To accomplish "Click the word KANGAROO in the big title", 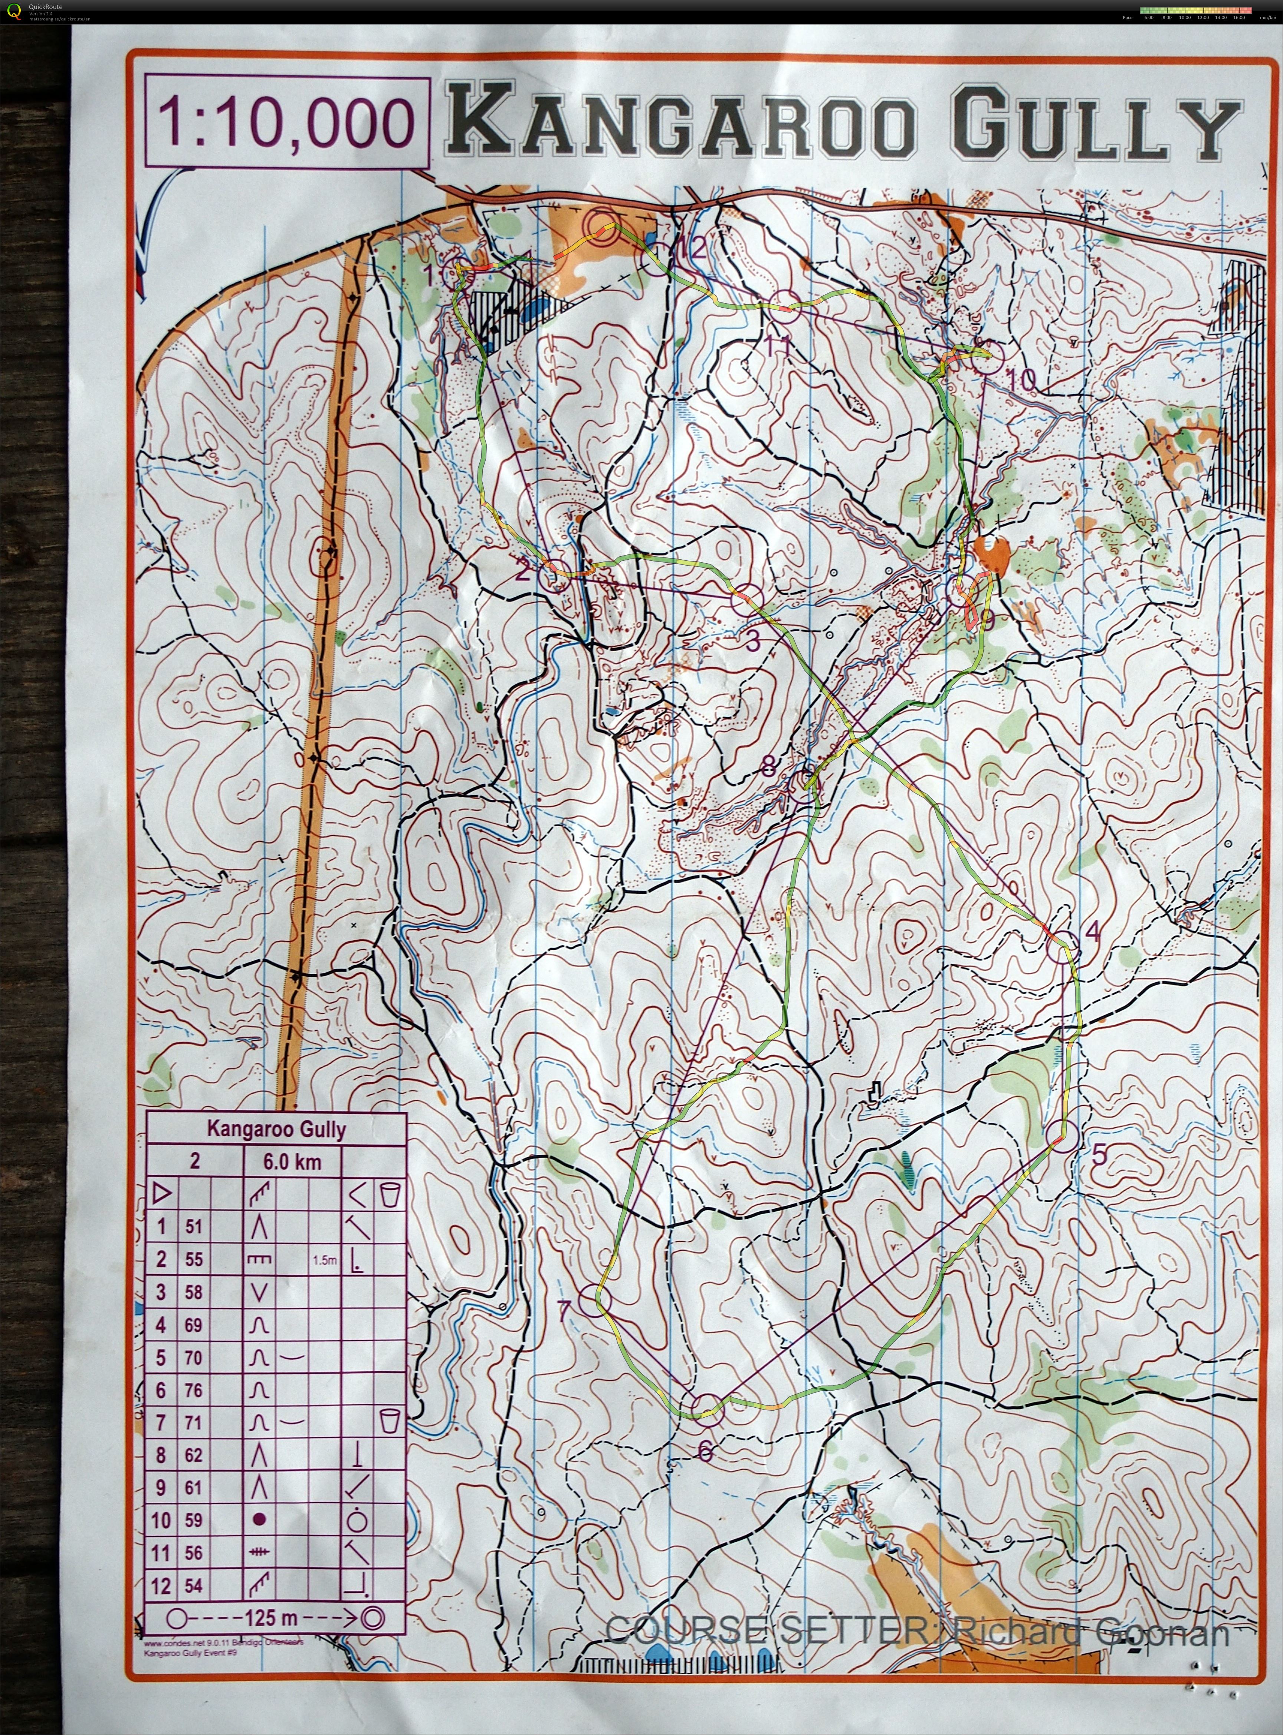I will [x=680, y=122].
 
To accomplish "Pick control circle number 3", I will [x=747, y=600].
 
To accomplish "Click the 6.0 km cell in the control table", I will [x=292, y=1162].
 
